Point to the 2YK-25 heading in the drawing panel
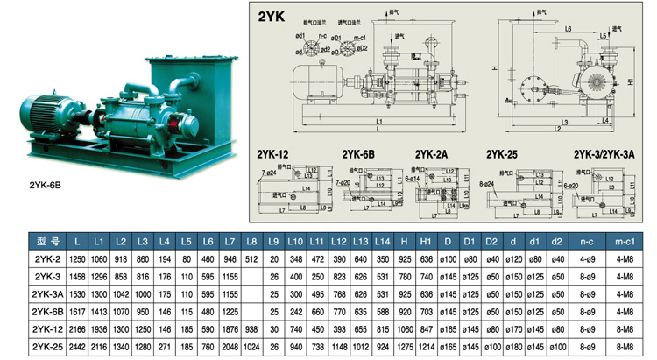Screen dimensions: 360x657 click(x=503, y=155)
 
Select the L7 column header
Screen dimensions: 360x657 click(x=230, y=241)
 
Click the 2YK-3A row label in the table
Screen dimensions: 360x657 click(x=46, y=293)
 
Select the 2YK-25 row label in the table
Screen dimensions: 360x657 click(x=46, y=346)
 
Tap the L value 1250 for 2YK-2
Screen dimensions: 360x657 click(x=77, y=258)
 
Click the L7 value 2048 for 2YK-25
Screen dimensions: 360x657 click(x=230, y=346)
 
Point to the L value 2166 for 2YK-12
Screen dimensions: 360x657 click(x=77, y=328)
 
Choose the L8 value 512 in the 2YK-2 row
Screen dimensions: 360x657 click(x=252, y=258)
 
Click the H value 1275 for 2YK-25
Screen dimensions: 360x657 click(x=404, y=346)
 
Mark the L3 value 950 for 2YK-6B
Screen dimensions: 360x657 click(x=143, y=311)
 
